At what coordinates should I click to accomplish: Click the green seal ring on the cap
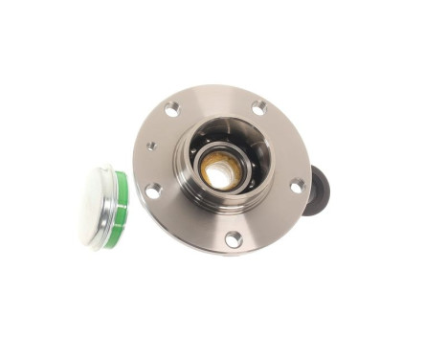pos(119,210)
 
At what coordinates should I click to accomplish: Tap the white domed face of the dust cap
pos(96,204)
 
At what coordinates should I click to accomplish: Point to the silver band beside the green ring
pos(110,206)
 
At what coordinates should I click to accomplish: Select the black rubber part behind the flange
pos(318,191)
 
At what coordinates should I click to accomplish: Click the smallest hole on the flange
pos(151,146)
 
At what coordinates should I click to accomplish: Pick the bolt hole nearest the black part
pos(297,185)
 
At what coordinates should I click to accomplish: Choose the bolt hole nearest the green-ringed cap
pos(152,191)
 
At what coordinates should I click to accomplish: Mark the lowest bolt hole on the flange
pos(233,238)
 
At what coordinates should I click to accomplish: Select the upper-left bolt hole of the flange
pos(171,110)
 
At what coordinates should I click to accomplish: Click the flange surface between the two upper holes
pos(215,101)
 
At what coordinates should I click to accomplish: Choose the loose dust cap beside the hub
pos(104,207)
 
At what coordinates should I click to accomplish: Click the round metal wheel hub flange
pos(278,215)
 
